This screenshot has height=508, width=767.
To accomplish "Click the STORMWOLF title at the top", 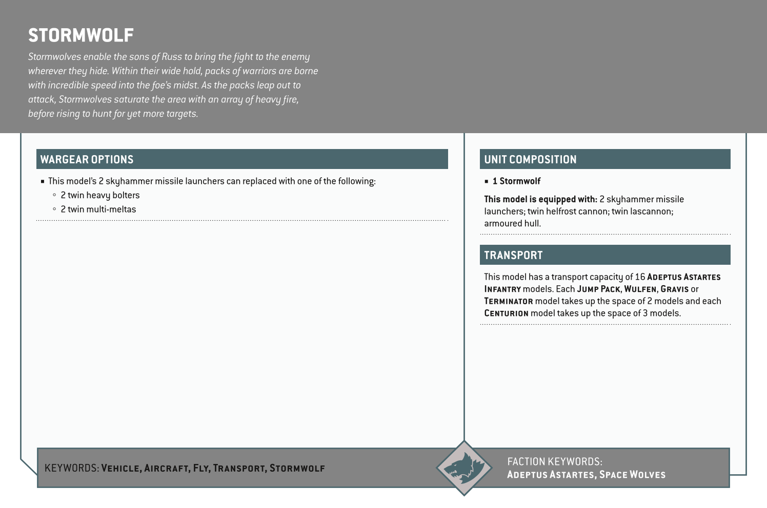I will pos(81,35).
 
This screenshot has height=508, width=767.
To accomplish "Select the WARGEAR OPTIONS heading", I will pos(87,159).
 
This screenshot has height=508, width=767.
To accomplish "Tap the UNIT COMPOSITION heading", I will pos(530,159).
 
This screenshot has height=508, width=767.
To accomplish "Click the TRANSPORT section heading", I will pos(513,255).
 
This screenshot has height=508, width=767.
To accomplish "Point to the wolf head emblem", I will pos(464,468).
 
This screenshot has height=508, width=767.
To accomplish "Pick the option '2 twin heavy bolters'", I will pos(100,195).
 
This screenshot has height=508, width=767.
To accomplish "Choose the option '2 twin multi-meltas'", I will pos(98,209).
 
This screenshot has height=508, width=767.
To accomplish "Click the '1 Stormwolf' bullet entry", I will pos(516,181).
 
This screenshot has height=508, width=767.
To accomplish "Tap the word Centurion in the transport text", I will pos(506,313).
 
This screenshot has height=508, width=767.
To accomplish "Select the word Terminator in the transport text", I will pos(509,301).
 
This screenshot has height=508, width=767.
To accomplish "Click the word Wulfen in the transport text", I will pos(640,289).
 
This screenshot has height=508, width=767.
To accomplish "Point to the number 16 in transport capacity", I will pos(640,277).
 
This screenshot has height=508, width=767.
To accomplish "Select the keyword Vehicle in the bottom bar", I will pos(121,468).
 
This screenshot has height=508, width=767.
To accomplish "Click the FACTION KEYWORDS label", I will pos(554,461).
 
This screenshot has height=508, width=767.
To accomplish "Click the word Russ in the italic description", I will pos(172,57).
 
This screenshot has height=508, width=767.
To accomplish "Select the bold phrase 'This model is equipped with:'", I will pos(540,199).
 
